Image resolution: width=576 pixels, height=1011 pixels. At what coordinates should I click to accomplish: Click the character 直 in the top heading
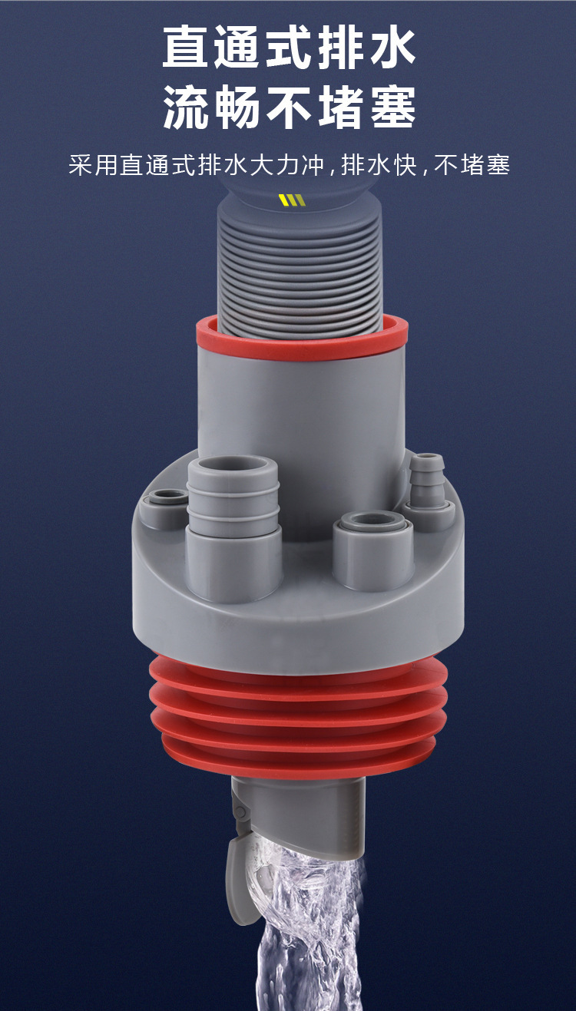click(x=186, y=47)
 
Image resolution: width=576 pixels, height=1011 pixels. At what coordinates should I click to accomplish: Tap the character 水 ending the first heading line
click(x=391, y=47)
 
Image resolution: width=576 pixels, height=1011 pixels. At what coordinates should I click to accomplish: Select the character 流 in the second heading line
click(x=186, y=107)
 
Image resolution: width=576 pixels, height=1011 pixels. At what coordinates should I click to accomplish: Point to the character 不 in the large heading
click(x=289, y=107)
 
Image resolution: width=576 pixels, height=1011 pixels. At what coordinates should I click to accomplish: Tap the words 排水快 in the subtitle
click(x=379, y=165)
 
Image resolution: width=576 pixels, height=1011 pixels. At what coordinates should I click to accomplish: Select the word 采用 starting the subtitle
click(x=93, y=165)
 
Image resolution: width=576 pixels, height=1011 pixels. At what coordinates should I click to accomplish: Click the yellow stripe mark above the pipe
click(x=293, y=200)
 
